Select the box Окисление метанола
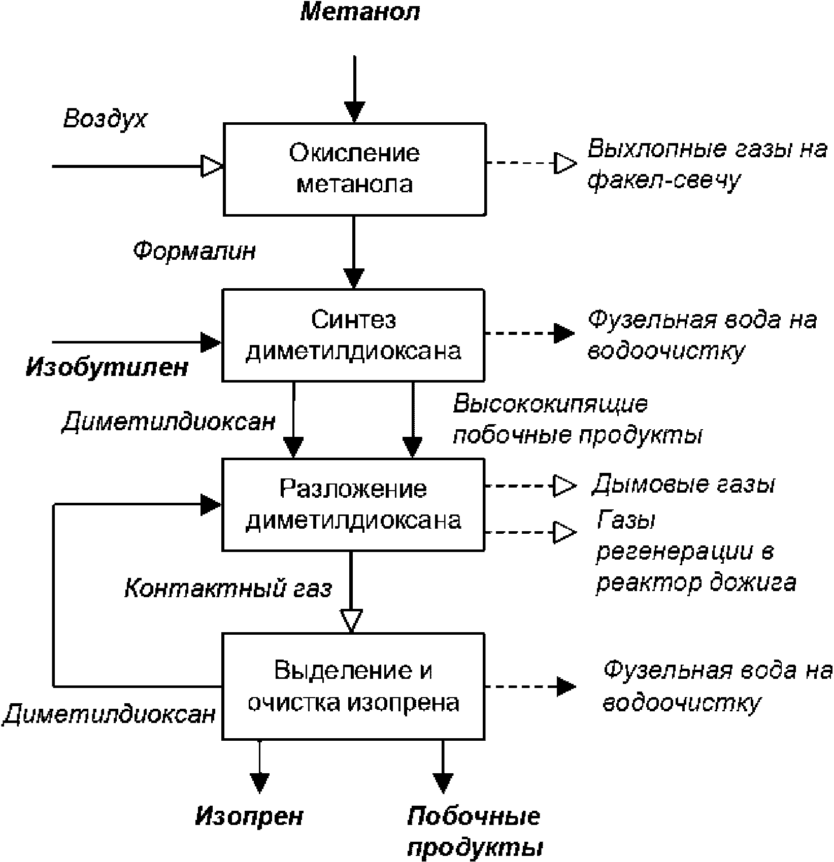pyautogui.click(x=355, y=169)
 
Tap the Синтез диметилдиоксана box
pyautogui.click(x=353, y=335)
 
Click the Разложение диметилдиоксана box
pyautogui.click(x=353, y=504)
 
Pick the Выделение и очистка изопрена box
pyautogui.click(x=353, y=686)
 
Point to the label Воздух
pyautogui.click(x=105, y=119)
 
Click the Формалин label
pyautogui.click(x=194, y=251)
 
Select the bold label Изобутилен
pyautogui.click(x=107, y=367)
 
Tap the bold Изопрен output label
pyautogui.click(x=249, y=816)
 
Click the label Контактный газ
pyautogui.click(x=228, y=589)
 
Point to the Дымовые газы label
pyautogui.click(x=683, y=485)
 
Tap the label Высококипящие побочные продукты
pyautogui.click(x=578, y=419)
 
